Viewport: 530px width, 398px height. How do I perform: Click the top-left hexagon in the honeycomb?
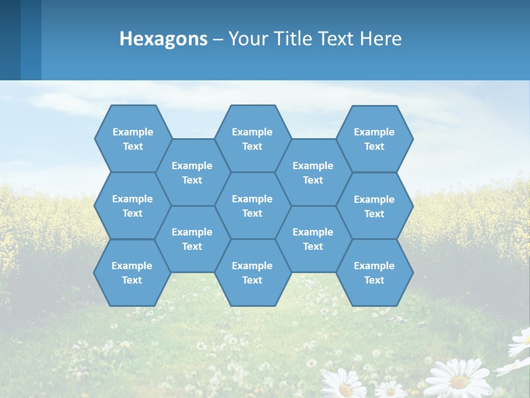(x=132, y=139)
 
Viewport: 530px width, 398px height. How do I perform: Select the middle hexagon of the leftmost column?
(x=132, y=206)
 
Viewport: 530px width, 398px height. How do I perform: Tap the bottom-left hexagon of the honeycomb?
(x=132, y=273)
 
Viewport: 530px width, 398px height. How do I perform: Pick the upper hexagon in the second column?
(x=192, y=172)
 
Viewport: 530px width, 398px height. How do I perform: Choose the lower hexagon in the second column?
(x=192, y=239)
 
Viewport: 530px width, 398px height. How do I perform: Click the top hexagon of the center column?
(x=252, y=139)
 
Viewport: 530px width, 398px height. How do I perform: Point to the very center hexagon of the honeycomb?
(x=252, y=206)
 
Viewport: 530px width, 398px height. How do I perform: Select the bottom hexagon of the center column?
(x=252, y=273)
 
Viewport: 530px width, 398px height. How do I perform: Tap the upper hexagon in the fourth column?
(x=313, y=172)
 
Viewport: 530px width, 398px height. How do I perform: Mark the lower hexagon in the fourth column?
(x=313, y=239)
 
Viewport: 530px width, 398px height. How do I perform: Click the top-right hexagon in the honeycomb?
(x=374, y=139)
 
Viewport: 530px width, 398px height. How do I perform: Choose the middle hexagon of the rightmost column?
(x=374, y=206)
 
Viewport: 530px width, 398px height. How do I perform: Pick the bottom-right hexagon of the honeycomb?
(x=374, y=273)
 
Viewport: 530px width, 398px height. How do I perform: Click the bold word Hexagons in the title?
(x=164, y=39)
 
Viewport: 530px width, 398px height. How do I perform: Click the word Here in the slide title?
(x=381, y=39)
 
